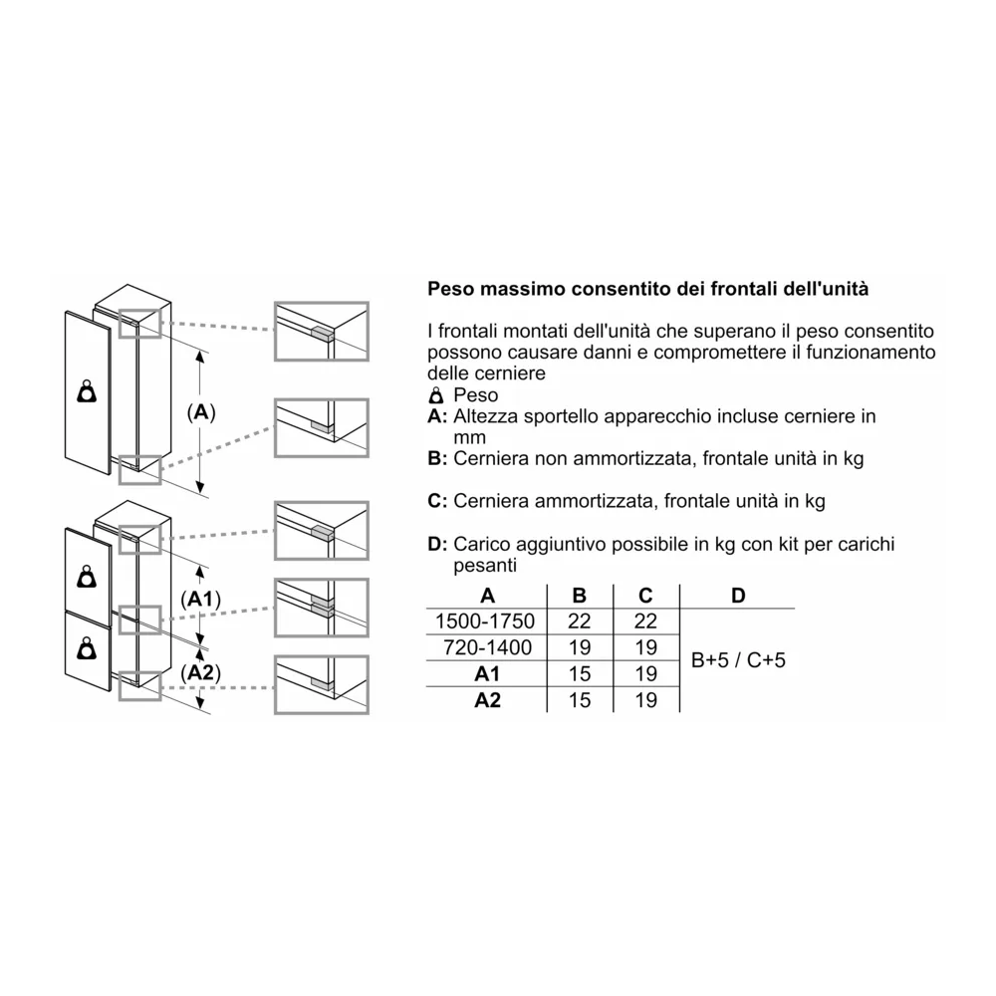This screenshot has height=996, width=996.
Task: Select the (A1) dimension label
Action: tap(202, 599)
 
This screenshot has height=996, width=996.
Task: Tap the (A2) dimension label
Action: tap(202, 673)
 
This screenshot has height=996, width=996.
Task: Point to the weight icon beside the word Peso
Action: tap(434, 396)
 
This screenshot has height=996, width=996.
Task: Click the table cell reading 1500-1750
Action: tap(486, 622)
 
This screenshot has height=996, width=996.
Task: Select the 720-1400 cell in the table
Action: tap(486, 647)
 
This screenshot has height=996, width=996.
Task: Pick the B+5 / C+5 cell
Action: tap(738, 659)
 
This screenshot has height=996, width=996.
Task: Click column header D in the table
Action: tap(738, 596)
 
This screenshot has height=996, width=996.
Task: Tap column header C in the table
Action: tap(645, 596)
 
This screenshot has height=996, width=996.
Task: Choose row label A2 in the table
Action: tap(487, 700)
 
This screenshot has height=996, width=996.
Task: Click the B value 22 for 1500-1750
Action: tap(580, 622)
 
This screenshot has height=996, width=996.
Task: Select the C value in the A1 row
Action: tap(645, 674)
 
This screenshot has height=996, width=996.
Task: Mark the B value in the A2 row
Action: tap(580, 700)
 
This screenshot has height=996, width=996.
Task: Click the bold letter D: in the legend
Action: tap(436, 544)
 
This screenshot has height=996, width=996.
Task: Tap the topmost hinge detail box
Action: tap(322, 331)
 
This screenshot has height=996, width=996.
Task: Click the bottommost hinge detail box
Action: tap(322, 684)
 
